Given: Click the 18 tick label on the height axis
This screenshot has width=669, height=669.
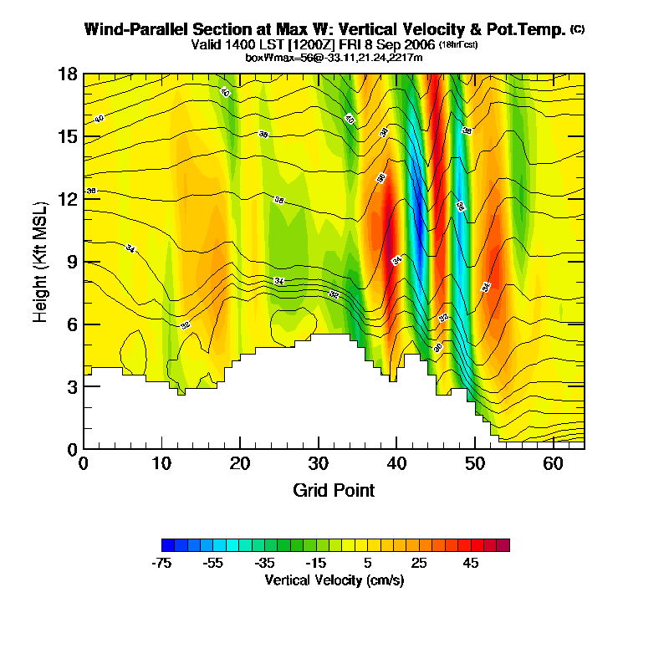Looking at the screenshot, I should [68, 74].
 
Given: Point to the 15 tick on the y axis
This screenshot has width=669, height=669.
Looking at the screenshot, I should [68, 136].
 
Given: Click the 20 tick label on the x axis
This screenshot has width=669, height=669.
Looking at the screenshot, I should [240, 463].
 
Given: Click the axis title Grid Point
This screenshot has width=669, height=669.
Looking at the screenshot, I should [334, 490].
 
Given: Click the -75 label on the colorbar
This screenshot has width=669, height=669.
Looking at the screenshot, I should [161, 564].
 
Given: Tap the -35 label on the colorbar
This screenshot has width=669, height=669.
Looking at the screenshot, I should [265, 564].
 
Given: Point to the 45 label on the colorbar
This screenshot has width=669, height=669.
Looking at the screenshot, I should [471, 564].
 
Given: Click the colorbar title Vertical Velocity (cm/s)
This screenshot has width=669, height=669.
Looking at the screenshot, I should [334, 580].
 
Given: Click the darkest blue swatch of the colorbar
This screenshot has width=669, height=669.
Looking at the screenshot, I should [167, 545].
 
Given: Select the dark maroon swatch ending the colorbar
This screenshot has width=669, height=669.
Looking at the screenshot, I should [503, 545].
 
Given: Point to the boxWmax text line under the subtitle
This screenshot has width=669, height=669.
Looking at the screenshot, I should [334, 57].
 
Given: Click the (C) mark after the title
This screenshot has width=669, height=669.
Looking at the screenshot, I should [577, 28].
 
